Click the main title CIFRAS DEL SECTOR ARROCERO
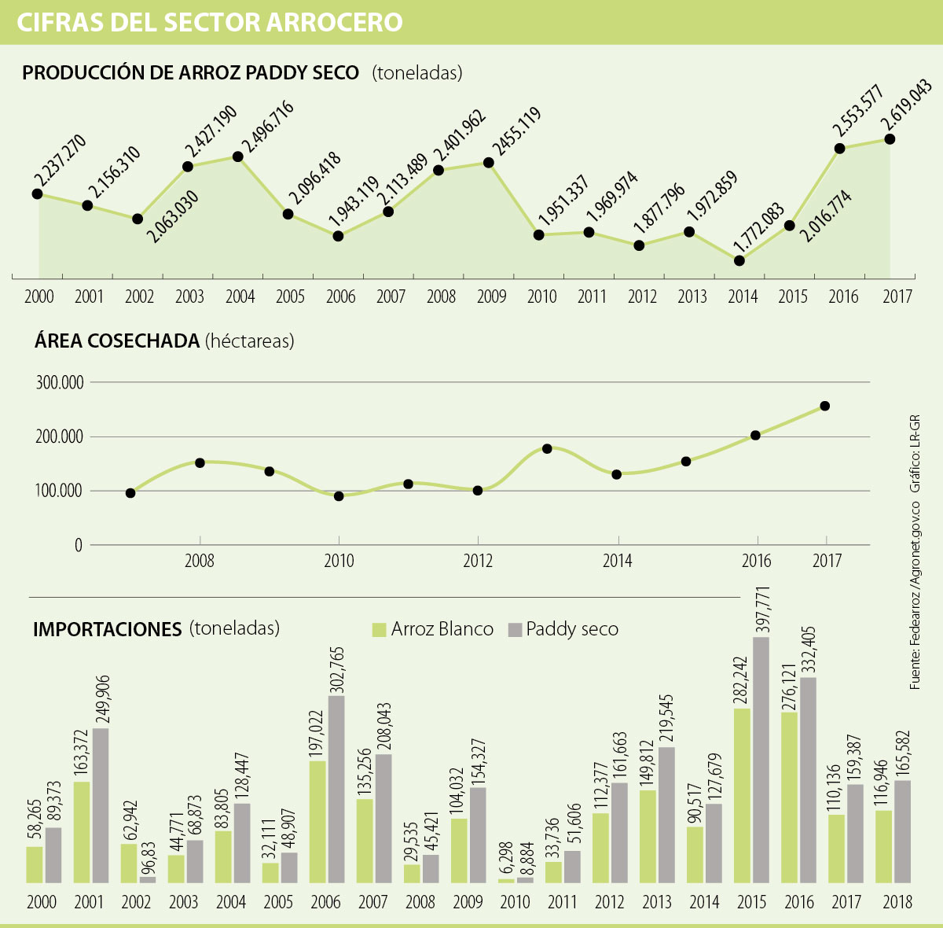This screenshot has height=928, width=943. (x=210, y=22)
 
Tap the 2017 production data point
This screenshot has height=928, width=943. (x=890, y=138)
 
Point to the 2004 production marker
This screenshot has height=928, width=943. (x=237, y=157)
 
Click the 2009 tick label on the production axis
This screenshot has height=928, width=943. (x=491, y=296)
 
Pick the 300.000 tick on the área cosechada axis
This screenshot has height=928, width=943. (x=60, y=383)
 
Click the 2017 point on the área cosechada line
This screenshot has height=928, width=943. (x=825, y=406)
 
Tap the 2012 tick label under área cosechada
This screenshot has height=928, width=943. (x=478, y=562)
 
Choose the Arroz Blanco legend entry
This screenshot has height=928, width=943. (x=433, y=630)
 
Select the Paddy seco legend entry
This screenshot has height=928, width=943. (x=563, y=630)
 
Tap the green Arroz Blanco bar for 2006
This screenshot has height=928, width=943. (x=318, y=822)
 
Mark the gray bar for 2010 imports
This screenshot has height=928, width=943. (x=525, y=880)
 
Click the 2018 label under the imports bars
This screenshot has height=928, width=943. (x=897, y=901)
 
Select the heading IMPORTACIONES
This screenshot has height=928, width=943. (x=108, y=629)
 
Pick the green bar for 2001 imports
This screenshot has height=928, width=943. (x=82, y=832)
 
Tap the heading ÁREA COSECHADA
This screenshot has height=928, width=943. (x=117, y=341)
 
